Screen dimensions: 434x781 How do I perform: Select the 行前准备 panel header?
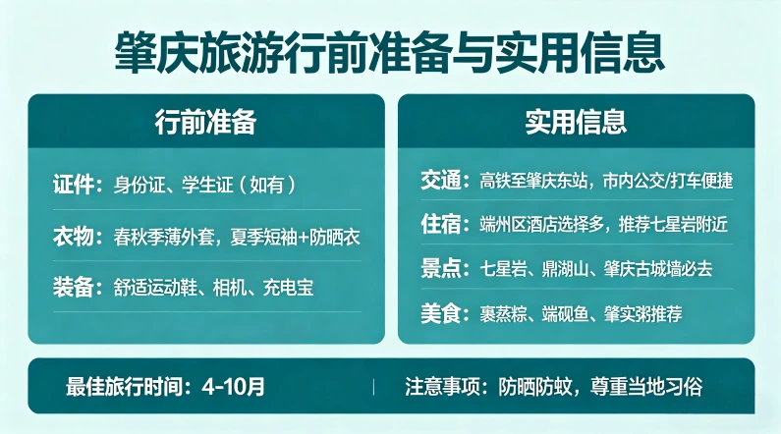click(x=205, y=121)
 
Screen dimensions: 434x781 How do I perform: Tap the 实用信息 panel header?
click(x=576, y=121)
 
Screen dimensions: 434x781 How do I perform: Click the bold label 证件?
click(x=77, y=185)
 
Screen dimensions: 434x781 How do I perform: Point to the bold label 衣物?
click(x=77, y=237)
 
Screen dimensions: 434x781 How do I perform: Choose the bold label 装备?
click(x=77, y=288)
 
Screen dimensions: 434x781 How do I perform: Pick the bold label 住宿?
click(x=440, y=225)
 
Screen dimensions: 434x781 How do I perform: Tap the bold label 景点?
click(x=440, y=268)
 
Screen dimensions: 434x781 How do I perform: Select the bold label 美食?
click(x=440, y=313)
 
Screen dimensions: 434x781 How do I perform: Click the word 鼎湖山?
click(x=562, y=268)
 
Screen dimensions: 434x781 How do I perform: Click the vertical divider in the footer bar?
click(x=373, y=386)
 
